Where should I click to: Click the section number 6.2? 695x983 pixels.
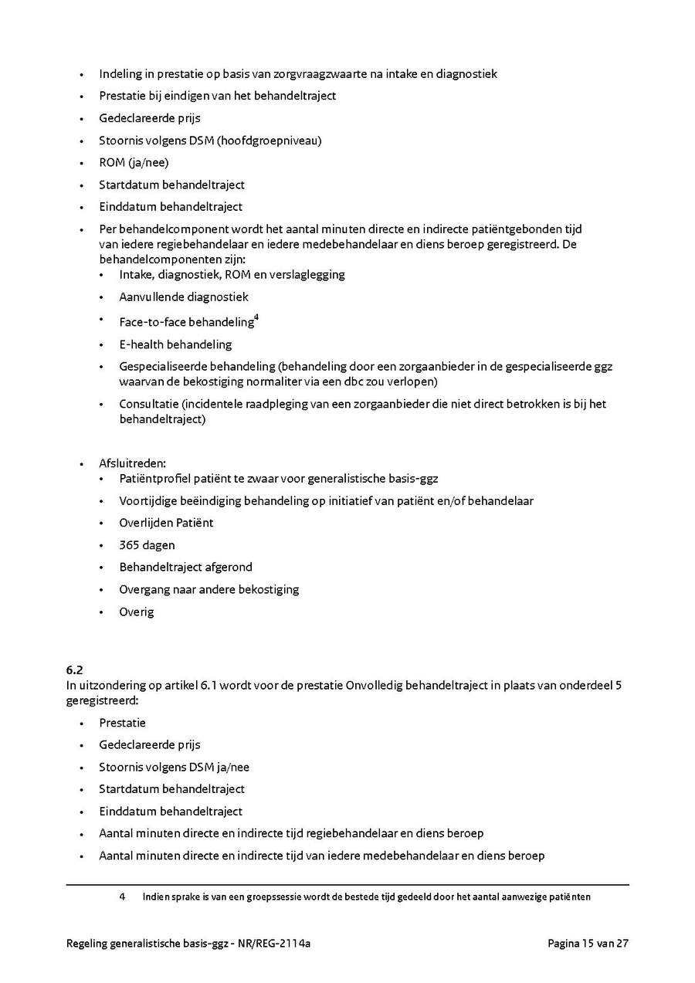tap(74, 670)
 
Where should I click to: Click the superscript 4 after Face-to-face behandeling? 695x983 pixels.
tap(256, 317)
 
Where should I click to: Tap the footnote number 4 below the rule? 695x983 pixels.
tap(122, 897)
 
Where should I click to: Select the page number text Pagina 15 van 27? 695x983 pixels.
tap(588, 943)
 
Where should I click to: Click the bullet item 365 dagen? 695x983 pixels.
tap(147, 545)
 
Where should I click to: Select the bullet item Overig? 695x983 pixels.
tap(136, 612)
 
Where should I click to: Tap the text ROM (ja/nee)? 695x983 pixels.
tap(134, 162)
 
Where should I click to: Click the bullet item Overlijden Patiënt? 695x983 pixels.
tap(166, 523)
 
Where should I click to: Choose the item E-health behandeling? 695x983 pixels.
tap(175, 344)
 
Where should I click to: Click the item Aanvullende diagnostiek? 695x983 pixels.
tap(184, 297)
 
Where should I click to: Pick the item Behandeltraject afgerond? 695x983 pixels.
tap(185, 567)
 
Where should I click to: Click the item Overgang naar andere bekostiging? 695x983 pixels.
tap(208, 589)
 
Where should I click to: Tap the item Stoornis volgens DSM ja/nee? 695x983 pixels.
tap(174, 767)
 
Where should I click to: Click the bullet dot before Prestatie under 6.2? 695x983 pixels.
tap(81, 724)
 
